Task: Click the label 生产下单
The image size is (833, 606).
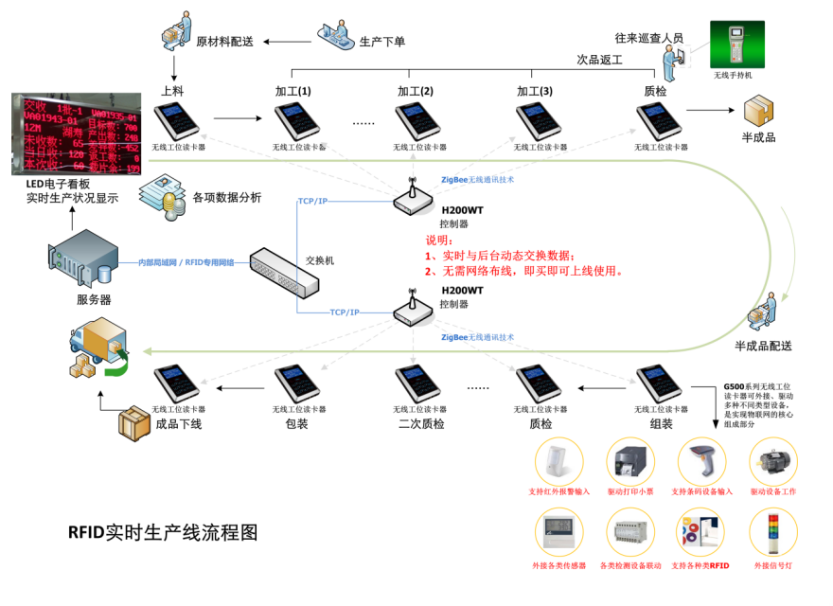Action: click(382, 43)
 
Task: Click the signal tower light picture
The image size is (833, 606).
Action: click(774, 533)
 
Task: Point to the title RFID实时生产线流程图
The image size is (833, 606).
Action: click(163, 532)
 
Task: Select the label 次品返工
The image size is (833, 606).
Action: click(599, 60)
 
